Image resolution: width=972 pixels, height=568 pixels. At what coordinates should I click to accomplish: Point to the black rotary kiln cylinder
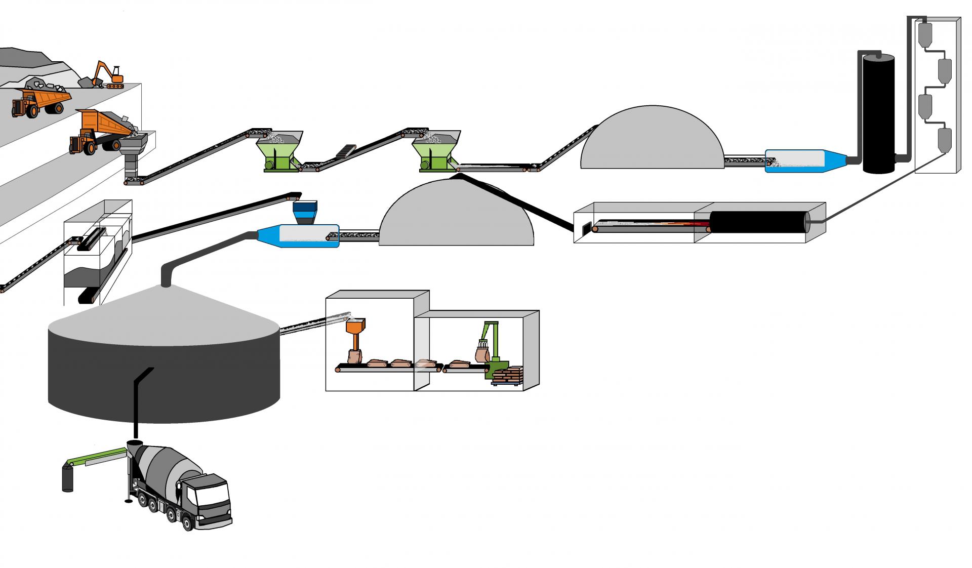click(757, 222)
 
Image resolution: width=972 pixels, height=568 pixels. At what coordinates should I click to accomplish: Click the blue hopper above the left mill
click(305, 213)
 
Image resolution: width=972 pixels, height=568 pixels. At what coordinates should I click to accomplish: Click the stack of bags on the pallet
click(508, 376)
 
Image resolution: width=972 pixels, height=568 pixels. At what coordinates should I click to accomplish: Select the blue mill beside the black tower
click(805, 161)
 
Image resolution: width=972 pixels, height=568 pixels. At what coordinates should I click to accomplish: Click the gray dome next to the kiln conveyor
click(456, 218)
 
